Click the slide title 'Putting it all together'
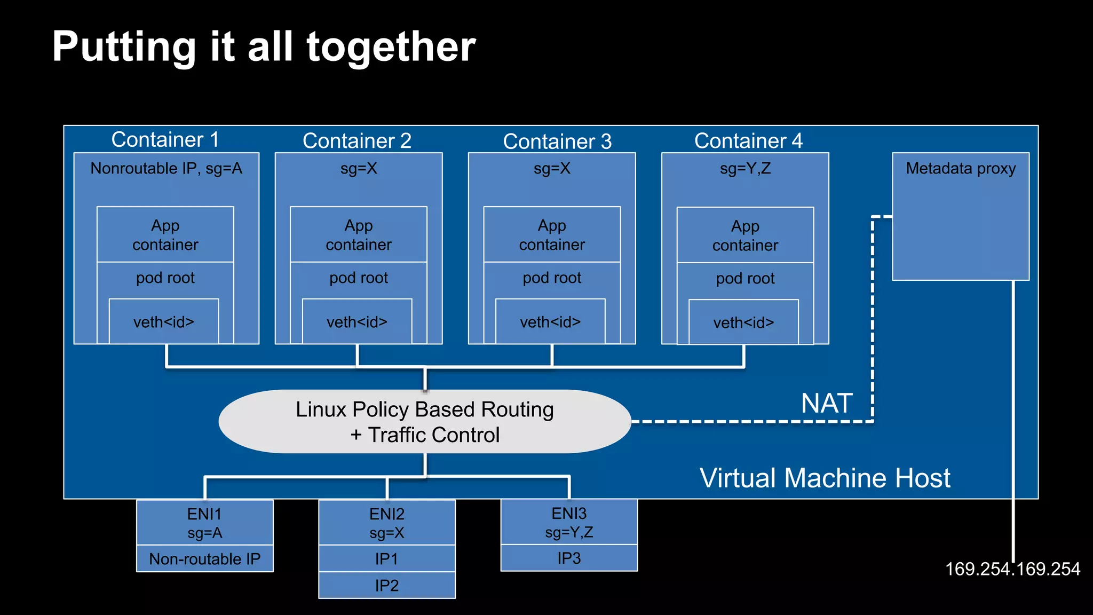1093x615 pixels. coord(264,47)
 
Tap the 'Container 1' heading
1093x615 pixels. coord(165,140)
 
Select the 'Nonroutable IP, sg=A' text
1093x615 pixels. coord(166,169)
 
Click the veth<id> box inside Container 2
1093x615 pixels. coord(357,322)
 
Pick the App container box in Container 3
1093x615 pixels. coord(552,235)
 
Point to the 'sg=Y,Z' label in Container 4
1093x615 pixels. coord(745,169)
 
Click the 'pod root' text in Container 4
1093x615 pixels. coord(745,279)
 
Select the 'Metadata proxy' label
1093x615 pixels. coord(961,169)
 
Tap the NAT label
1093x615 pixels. coord(827,404)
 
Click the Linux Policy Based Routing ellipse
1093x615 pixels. coord(425,422)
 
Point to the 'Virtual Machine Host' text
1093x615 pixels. coord(825,478)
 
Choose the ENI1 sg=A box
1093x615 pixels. coord(205,523)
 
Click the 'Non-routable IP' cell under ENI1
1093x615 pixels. coord(205,559)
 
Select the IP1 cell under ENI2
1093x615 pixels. coord(387,559)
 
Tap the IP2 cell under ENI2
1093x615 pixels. coord(387,586)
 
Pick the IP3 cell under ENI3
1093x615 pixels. coord(569,558)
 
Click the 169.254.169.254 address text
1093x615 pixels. coord(1012,569)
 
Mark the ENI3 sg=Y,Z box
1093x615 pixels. coord(569,522)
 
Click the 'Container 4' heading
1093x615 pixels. coord(748,141)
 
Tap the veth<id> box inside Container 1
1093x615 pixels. coord(164,322)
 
